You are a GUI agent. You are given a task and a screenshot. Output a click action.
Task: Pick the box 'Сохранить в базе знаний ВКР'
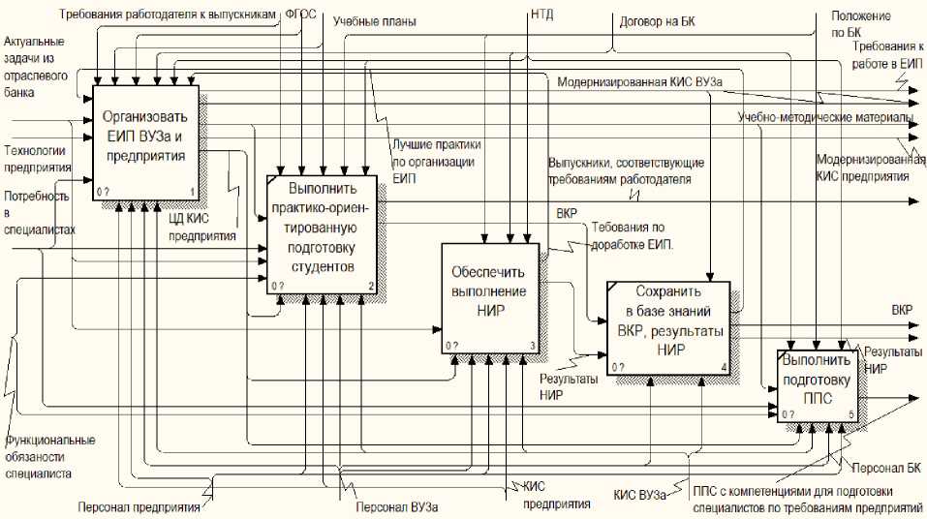click(669, 325)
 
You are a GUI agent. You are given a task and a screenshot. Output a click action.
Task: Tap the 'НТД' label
click(542, 15)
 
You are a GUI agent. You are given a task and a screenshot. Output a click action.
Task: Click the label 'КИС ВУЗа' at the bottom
click(639, 495)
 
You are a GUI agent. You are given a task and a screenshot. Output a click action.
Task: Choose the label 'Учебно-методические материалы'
click(825, 118)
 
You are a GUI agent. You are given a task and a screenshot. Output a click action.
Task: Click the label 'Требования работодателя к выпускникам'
click(169, 15)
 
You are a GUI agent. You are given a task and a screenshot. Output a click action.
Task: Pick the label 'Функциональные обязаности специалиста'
click(49, 456)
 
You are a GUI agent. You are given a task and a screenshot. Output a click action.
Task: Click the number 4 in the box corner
click(724, 366)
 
